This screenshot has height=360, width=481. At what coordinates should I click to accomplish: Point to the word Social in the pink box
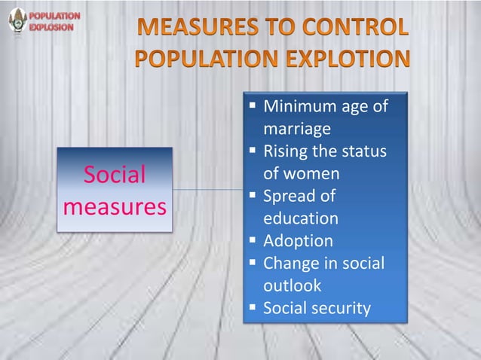(x=115, y=176)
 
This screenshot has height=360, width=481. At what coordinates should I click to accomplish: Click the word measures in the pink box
(x=115, y=205)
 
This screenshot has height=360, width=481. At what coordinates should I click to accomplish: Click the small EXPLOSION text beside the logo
(x=52, y=26)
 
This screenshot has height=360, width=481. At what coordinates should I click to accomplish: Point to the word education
(x=301, y=218)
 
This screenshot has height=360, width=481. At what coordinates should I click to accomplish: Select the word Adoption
(x=297, y=241)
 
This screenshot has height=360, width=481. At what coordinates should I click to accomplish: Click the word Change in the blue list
(x=291, y=264)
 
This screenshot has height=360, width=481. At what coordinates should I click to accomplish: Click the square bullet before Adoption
(x=253, y=240)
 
